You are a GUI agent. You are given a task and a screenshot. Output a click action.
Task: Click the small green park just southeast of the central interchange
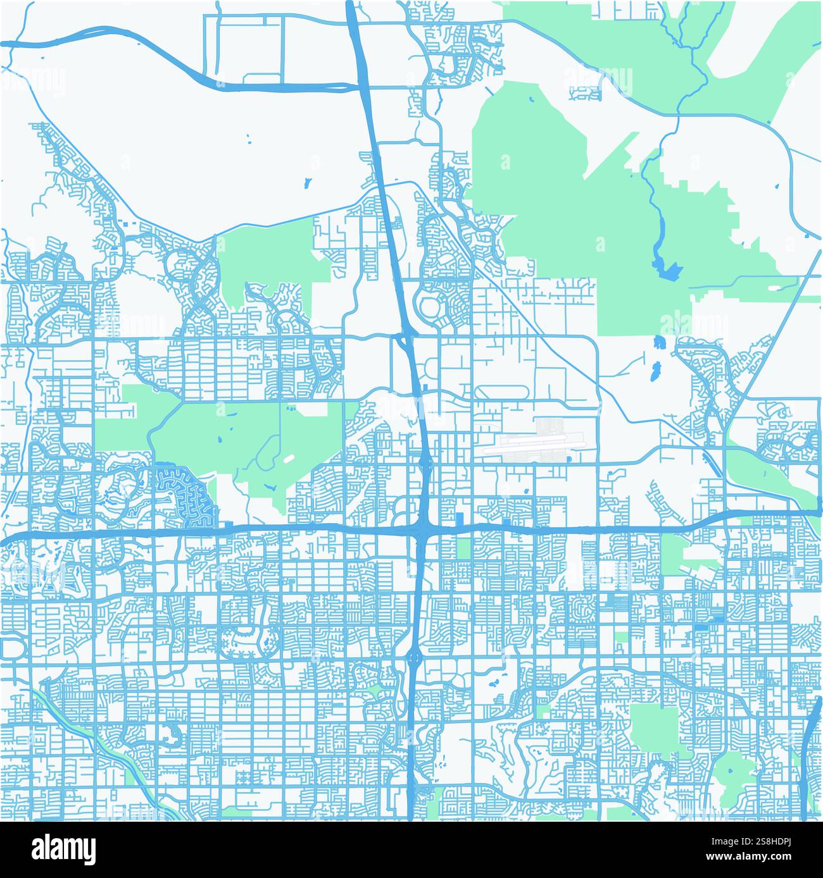pos(463,548)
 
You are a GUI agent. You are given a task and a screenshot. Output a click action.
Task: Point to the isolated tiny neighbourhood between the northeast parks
pos(584,93)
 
